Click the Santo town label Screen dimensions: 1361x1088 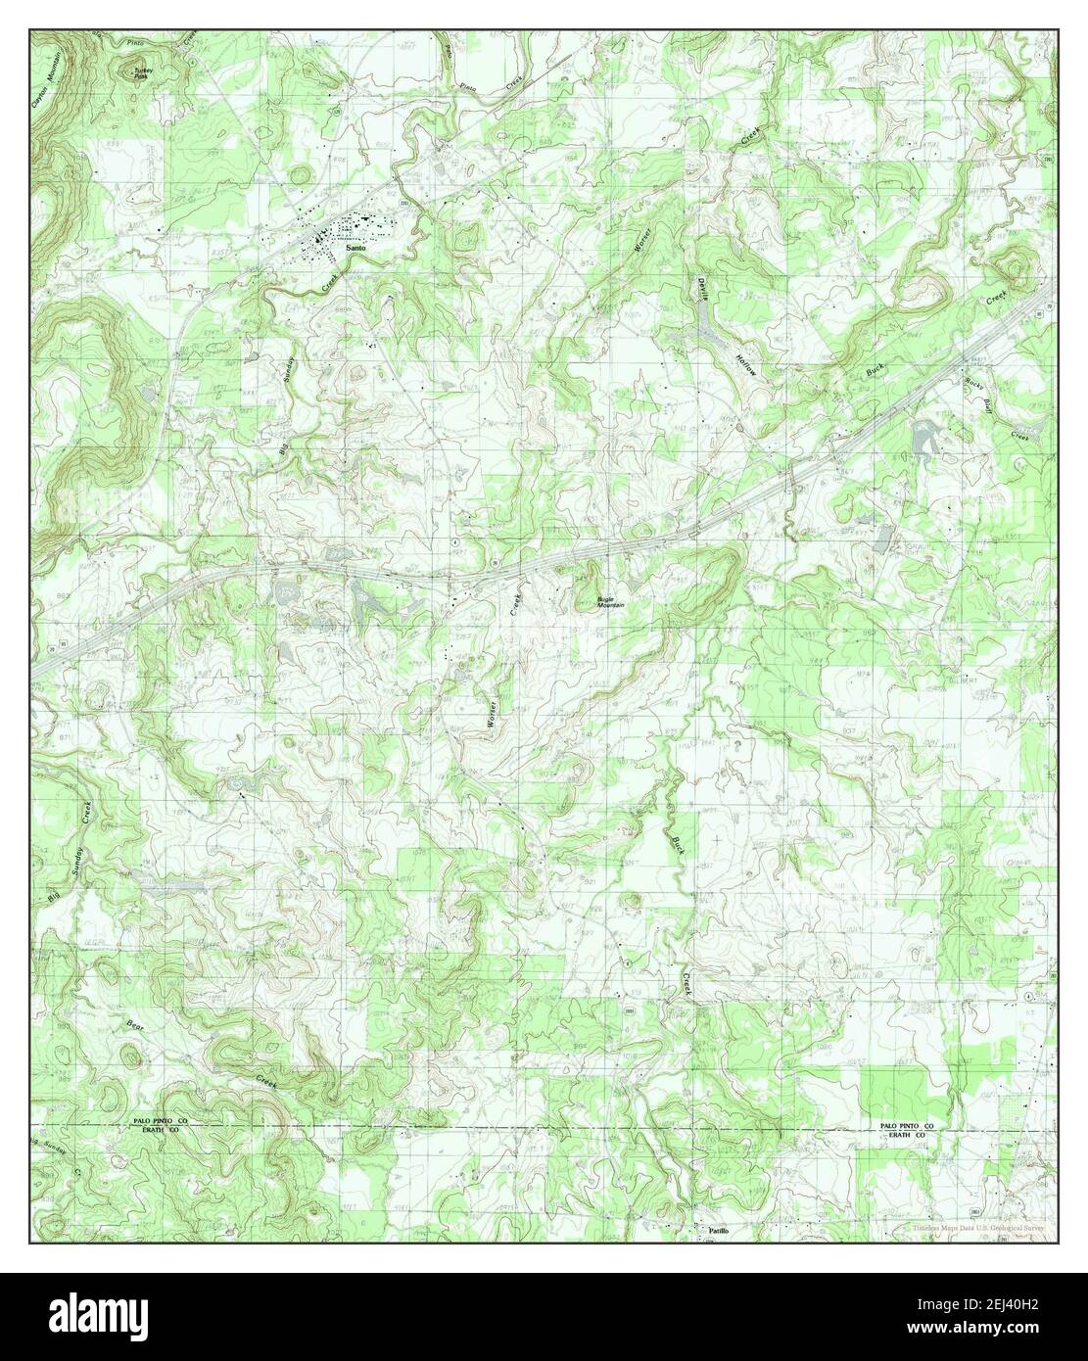click(356, 251)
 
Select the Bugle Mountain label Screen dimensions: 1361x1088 click(611, 604)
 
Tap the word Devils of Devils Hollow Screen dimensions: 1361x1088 click(702, 292)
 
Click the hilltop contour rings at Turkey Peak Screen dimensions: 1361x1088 click(128, 70)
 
